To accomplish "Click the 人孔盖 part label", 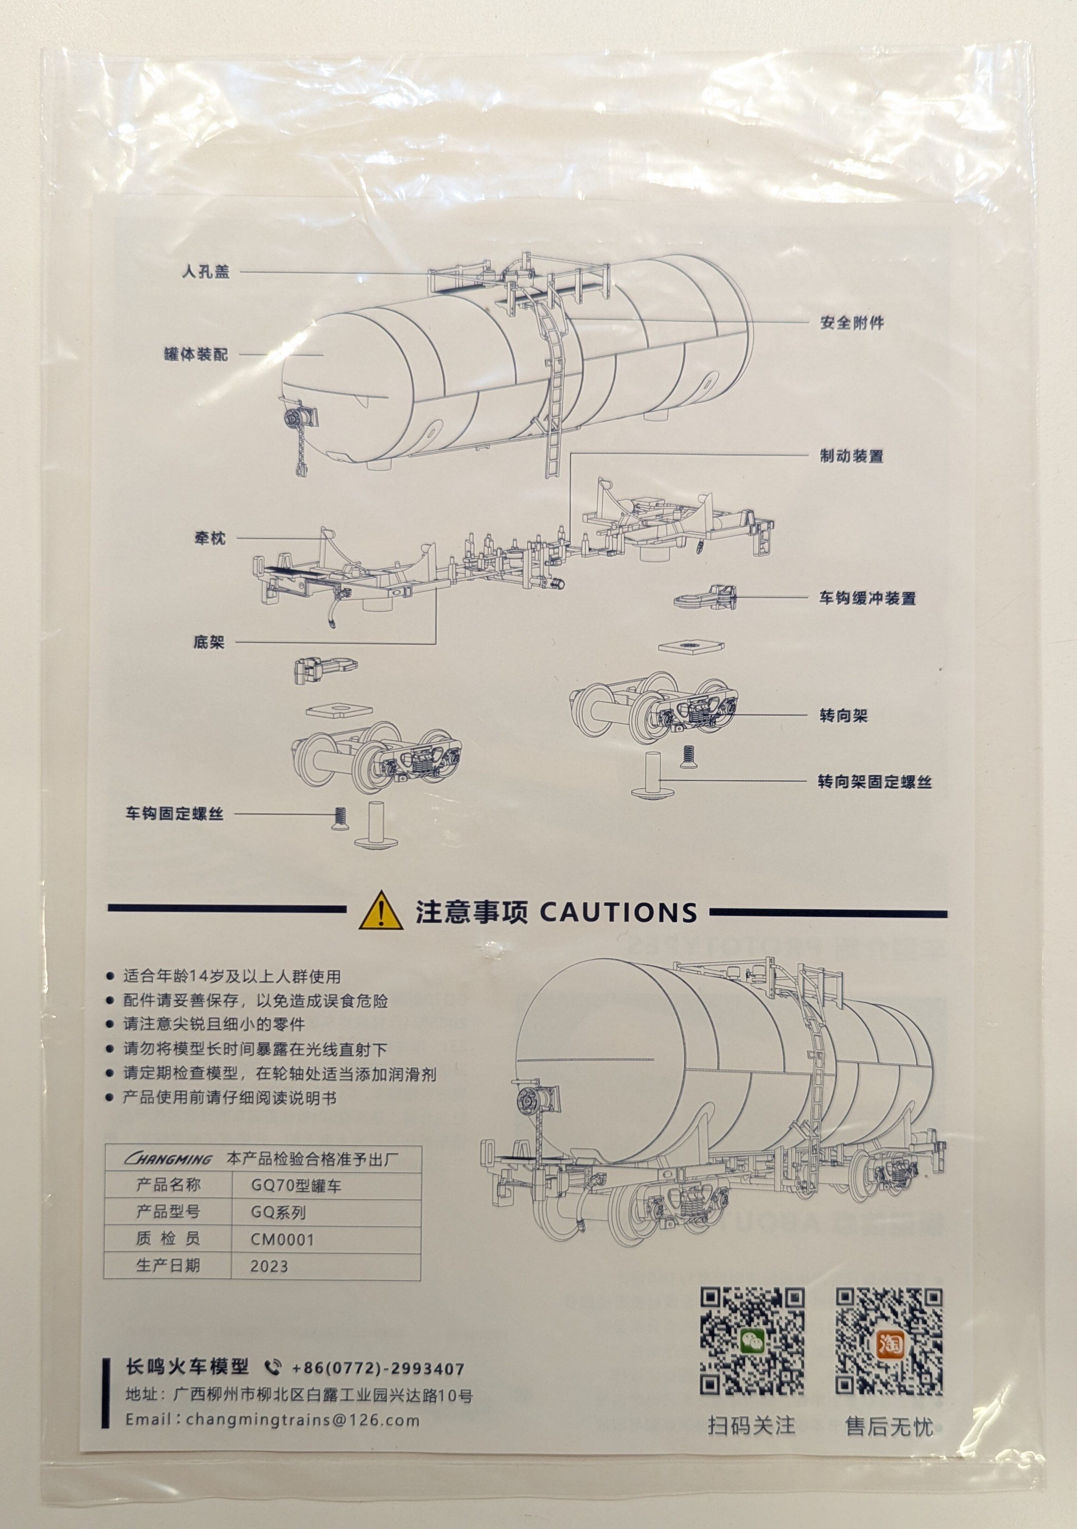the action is coord(206,272).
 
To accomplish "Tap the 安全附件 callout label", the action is coord(852,323).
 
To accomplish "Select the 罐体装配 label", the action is coord(196,354).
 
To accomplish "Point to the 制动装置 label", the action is coord(851,456).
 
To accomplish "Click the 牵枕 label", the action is coord(210,538).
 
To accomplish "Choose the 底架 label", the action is coord(209,642).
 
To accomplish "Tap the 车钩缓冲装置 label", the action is coord(867,598).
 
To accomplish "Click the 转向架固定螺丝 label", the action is coord(875,782).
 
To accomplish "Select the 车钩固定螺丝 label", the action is coord(175,814).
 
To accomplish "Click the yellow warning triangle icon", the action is coord(380,911).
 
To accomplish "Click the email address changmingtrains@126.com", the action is coord(303,1420).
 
